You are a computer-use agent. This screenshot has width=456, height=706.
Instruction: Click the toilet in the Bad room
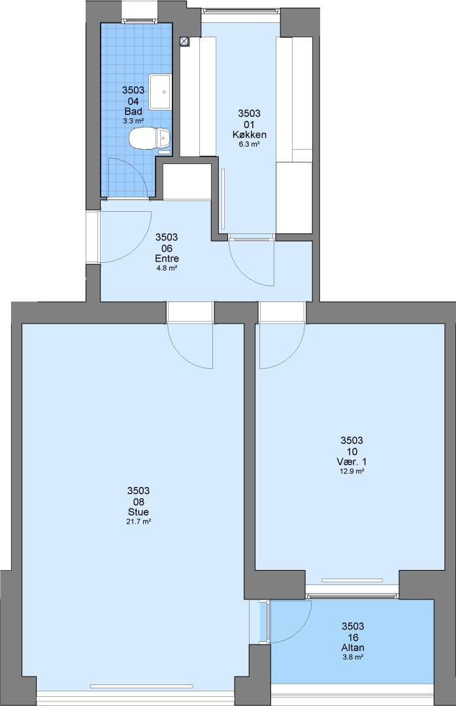pos(150,138)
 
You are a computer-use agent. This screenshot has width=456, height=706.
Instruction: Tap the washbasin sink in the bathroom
pos(160,92)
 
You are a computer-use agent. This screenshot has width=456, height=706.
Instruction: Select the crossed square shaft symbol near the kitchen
pos(184,41)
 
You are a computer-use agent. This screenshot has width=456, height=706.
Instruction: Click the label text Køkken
pos(250,135)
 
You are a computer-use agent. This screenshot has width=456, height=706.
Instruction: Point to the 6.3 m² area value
pos(250,144)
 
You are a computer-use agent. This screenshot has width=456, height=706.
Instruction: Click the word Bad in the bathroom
pos(133,111)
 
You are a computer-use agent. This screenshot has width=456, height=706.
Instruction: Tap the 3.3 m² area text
pos(133,121)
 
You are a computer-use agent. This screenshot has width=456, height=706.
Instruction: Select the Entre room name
pos(167,258)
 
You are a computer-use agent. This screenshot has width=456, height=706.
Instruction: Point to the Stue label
pos(138,512)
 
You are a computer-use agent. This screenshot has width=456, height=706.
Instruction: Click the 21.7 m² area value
pos(138,522)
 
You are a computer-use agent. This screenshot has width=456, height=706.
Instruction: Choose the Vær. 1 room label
pos(352,462)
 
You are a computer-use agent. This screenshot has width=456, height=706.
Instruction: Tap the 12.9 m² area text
pos(352,471)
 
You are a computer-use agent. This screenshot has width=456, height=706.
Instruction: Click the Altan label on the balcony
pos(353,647)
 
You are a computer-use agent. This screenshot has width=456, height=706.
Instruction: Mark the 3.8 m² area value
pos(353,658)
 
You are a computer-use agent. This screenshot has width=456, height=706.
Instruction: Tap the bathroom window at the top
pos(140,20)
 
